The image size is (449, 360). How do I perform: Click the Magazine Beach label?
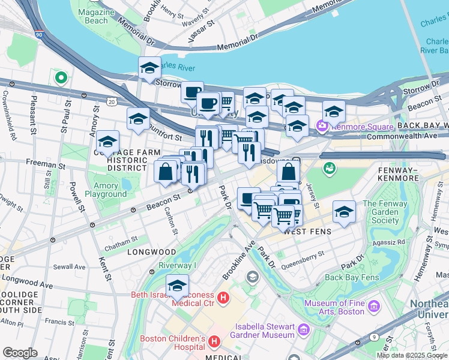pos(92,16)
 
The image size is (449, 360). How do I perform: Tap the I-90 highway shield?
pos(38,36)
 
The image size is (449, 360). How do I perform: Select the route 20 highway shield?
pos(112,102)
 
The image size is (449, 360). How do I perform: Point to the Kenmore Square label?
pos(358,127)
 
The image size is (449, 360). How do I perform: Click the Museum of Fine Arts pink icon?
pos(375,307)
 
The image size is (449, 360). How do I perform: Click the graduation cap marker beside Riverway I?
pos(177,287)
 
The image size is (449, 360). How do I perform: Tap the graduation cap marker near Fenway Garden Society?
pos(343,212)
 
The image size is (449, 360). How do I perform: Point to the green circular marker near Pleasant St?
pos(61,77)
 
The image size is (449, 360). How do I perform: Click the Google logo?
pos(20,353)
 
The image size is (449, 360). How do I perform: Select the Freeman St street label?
pos(45,164)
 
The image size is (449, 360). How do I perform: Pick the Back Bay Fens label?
pos(351,277)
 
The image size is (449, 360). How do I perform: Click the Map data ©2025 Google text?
pos(412,355)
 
